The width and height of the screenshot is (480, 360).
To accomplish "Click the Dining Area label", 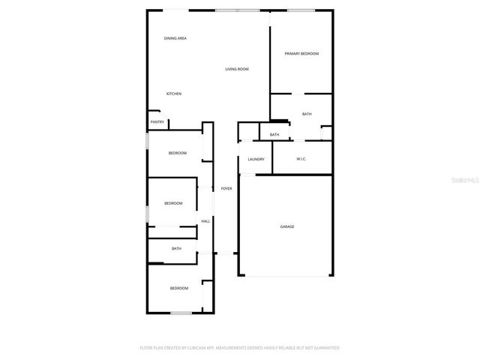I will [x=175, y=38].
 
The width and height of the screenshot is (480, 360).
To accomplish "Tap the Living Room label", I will [x=237, y=69].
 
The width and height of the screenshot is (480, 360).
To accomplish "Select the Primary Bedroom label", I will [x=301, y=53].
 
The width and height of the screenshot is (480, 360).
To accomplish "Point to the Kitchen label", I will [x=174, y=94].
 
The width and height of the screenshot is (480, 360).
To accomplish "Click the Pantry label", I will [x=157, y=122].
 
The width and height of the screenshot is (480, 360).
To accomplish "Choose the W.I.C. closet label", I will [x=301, y=159].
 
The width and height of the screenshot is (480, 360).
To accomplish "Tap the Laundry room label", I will [x=256, y=159].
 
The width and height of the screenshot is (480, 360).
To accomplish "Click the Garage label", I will [x=287, y=226].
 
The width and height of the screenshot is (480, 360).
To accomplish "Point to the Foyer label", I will [x=226, y=188].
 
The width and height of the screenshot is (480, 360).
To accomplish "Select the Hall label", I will [x=205, y=221].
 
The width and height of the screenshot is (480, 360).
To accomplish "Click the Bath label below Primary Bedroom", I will [x=307, y=114].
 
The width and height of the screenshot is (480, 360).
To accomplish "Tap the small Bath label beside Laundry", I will [x=274, y=135].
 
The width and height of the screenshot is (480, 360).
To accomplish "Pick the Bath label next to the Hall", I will [x=176, y=249].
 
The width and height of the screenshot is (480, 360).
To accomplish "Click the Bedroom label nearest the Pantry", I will [x=178, y=153].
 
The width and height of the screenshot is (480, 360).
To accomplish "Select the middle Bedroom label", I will [x=174, y=203].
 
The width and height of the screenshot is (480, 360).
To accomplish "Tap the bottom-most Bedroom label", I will [x=178, y=288].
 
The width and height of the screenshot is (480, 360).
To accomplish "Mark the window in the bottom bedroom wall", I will [x=181, y=313].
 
